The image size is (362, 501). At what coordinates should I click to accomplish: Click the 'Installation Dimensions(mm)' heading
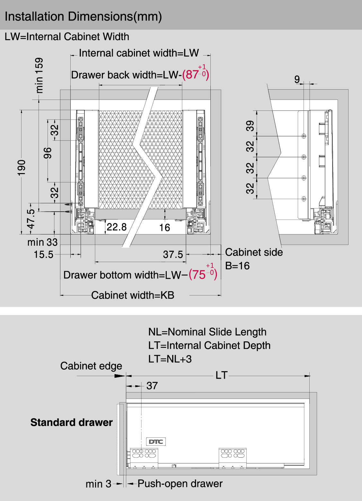[83, 17]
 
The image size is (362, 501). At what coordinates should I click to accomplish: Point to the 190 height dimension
[22, 168]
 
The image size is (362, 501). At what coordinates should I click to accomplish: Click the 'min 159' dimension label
[39, 75]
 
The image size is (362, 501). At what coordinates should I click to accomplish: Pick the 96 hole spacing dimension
[48, 153]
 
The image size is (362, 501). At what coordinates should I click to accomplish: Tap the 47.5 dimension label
[31, 219]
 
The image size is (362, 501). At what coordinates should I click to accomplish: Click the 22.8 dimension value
[117, 227]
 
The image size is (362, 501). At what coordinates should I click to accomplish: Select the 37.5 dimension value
[173, 255]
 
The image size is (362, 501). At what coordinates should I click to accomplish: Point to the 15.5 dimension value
[44, 255]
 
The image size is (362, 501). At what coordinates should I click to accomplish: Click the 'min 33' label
[42, 242]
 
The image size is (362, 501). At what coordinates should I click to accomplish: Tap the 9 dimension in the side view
[297, 79]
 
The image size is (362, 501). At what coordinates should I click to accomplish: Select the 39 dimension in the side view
[250, 126]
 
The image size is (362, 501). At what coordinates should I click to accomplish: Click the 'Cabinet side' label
[254, 252]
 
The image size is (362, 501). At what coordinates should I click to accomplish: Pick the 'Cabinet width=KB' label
[133, 295]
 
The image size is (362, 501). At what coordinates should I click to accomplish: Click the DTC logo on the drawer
[156, 442]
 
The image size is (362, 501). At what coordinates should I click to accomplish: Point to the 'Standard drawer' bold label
[72, 422]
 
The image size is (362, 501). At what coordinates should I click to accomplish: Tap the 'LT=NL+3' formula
[170, 359]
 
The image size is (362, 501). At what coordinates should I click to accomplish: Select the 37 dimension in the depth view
[152, 386]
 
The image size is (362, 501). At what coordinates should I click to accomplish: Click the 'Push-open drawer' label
[180, 484]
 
